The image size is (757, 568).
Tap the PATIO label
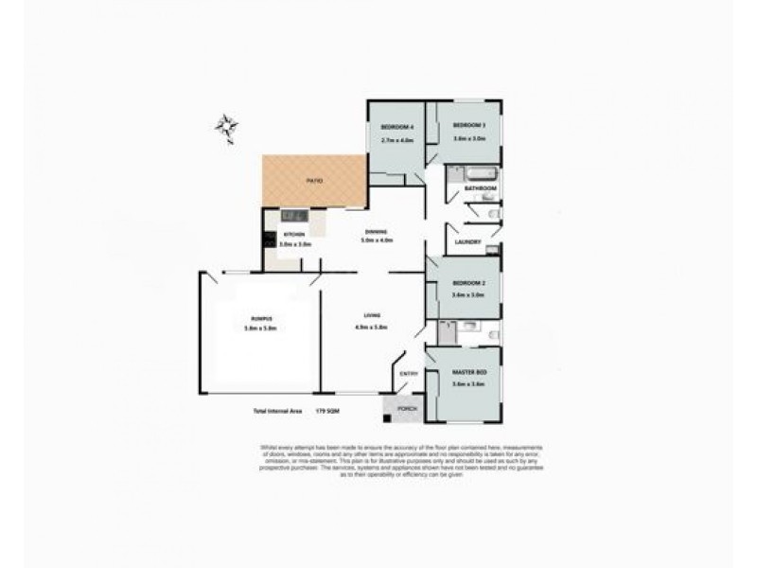314,180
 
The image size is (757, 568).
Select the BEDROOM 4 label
396,127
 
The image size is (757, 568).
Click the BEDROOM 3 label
468,126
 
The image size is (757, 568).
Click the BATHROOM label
481,188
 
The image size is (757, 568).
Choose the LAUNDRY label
468,241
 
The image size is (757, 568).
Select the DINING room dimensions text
376,240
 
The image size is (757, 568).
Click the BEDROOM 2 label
468,283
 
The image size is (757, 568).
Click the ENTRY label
409,373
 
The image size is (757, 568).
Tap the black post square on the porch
387,417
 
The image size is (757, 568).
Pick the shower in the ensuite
445,330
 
